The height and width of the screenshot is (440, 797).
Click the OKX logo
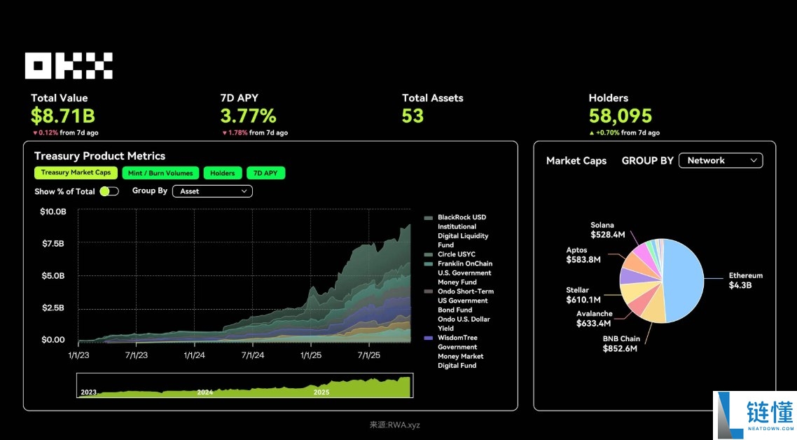69,65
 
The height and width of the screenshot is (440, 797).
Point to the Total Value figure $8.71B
63,116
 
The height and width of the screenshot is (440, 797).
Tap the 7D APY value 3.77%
248,116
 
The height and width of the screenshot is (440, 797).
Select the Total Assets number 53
413,116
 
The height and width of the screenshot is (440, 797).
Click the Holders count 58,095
620,116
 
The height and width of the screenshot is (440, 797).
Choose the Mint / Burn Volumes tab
160,173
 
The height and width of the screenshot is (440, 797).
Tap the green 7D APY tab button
266,173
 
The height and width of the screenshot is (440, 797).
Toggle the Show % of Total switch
109,191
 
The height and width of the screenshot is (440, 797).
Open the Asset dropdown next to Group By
212,191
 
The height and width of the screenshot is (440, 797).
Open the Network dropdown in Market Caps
721,160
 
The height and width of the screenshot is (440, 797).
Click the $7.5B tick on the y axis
53,244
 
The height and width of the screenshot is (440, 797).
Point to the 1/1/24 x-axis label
194,355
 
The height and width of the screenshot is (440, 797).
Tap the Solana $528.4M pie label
607,230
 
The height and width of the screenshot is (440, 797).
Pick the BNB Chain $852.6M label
621,343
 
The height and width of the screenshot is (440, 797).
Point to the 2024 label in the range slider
205,392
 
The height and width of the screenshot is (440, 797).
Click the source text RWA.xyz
395,425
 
